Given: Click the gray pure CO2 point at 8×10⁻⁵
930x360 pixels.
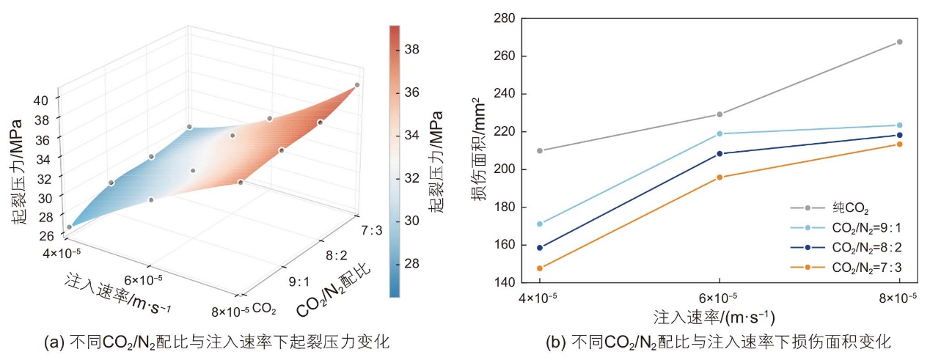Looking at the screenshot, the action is [x=899, y=42].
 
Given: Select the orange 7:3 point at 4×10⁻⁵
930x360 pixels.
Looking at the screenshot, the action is [x=540, y=268].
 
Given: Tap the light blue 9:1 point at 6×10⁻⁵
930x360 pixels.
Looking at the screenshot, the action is [x=720, y=133].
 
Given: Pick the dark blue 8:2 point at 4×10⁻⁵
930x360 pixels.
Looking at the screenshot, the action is [x=540, y=248].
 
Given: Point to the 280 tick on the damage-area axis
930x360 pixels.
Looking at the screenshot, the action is [x=504, y=18].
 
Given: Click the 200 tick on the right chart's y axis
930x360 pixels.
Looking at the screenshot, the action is [x=504, y=169].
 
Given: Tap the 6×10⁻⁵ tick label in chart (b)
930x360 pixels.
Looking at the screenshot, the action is [x=718, y=298].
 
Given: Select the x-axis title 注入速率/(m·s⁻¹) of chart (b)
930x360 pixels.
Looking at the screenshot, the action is [x=714, y=317].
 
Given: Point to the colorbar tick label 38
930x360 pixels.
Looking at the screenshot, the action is [x=412, y=49].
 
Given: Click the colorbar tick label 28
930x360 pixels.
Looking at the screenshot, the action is [x=412, y=263].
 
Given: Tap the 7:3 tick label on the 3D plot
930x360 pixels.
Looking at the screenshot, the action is [x=371, y=230].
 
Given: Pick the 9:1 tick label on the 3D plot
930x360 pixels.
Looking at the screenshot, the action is [x=299, y=282].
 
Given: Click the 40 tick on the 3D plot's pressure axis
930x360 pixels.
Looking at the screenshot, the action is [x=40, y=100].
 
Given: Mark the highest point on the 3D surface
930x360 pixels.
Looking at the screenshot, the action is [x=357, y=85].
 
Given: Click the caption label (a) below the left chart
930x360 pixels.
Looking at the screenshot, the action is [x=54, y=342].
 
